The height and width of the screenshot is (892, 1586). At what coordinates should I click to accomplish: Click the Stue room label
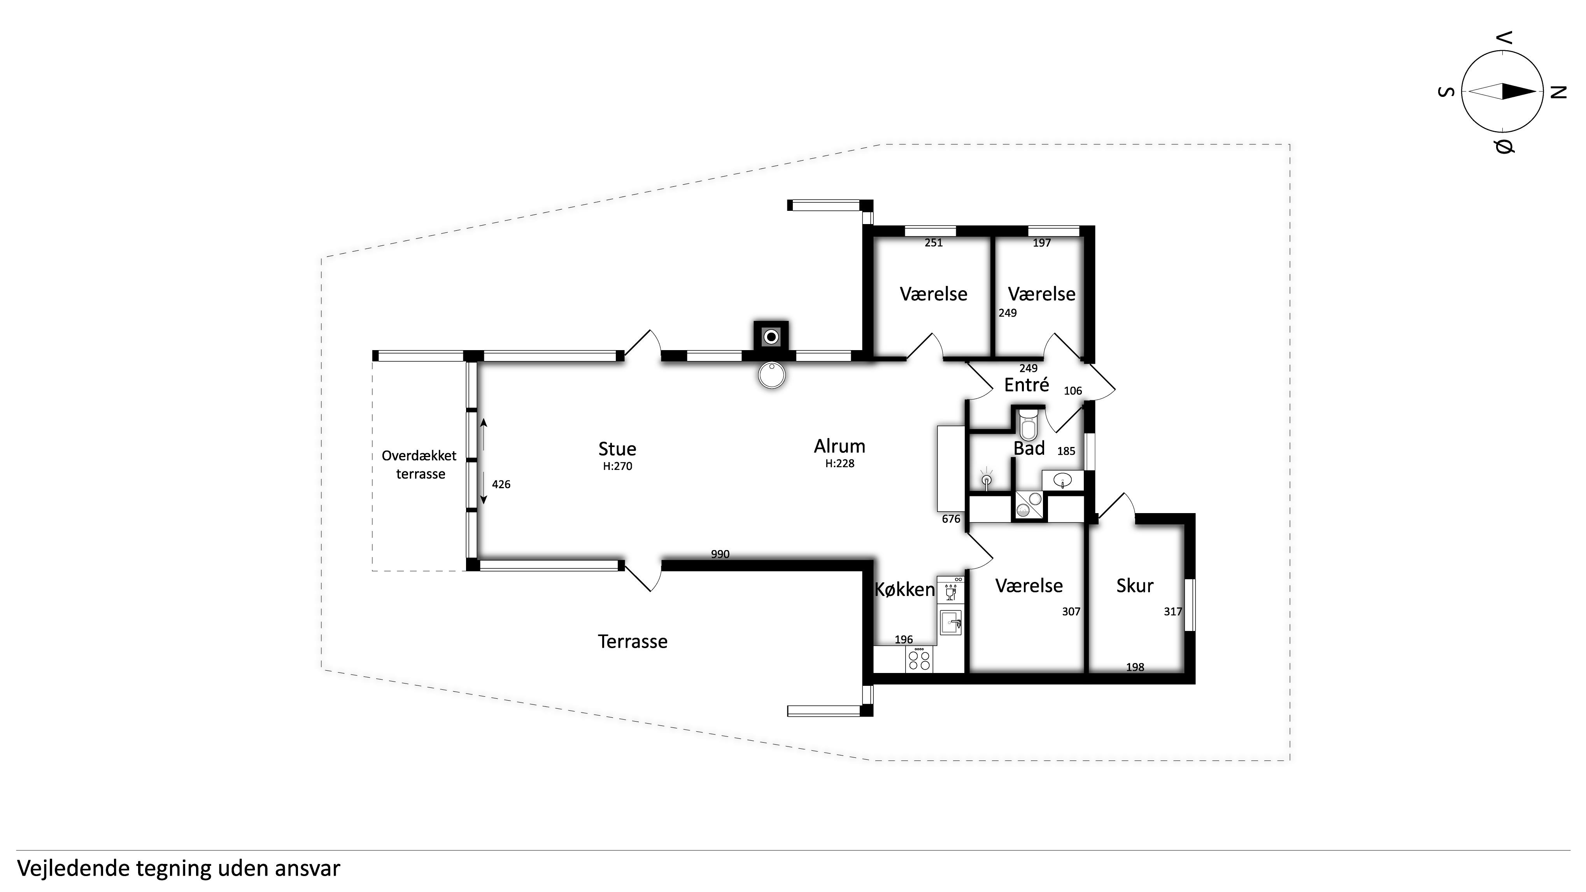point(617,449)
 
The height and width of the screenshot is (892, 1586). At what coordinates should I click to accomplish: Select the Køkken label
point(904,590)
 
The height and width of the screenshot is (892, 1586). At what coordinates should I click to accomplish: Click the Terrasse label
point(632,641)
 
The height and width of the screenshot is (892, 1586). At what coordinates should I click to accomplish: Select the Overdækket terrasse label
point(419,465)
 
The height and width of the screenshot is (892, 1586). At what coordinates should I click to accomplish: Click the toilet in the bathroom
point(1028,424)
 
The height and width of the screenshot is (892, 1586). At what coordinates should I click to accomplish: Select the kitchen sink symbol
point(951,623)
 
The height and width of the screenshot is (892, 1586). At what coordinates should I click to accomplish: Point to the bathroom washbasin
point(1062,480)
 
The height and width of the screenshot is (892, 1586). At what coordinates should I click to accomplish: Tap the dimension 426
point(501,484)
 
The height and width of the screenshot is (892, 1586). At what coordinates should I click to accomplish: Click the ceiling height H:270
point(617,466)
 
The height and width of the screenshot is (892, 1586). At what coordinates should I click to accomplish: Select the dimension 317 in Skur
point(1173,611)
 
